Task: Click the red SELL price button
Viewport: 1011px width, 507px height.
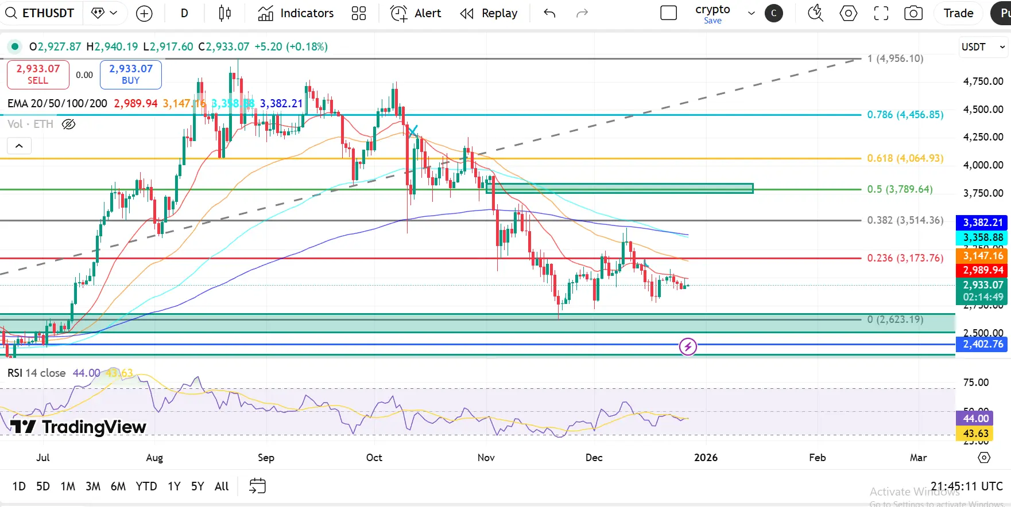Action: [x=38, y=75]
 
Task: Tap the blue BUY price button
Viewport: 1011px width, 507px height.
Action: [x=131, y=75]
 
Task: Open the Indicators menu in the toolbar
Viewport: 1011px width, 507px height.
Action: [x=296, y=13]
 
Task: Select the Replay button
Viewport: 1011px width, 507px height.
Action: [x=489, y=13]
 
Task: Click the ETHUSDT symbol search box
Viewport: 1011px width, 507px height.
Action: [x=40, y=13]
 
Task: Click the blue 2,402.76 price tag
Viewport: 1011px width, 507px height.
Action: [x=982, y=344]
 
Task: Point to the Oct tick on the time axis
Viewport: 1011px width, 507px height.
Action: [x=374, y=457]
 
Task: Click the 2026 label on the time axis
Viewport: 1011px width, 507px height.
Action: [x=706, y=457]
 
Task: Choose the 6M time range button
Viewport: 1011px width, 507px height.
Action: [x=118, y=486]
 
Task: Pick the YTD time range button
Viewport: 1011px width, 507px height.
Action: [x=146, y=486]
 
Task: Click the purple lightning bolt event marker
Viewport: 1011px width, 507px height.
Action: [x=688, y=346]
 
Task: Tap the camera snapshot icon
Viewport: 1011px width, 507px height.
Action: [x=913, y=13]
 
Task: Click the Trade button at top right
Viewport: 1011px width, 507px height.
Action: [x=958, y=13]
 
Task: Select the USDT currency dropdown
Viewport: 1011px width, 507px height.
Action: [x=983, y=47]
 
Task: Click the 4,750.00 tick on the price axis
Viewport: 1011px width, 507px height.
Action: [x=983, y=81]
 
